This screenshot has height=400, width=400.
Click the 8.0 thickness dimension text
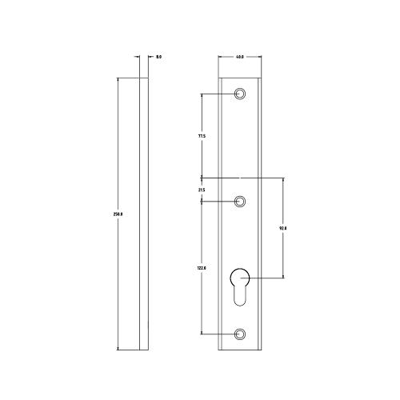[x=159, y=57]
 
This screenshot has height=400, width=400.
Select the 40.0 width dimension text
[x=239, y=57]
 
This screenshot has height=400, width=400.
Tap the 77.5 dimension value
[x=202, y=136]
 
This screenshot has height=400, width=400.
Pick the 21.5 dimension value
[x=202, y=190]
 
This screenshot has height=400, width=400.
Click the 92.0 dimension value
[x=282, y=228]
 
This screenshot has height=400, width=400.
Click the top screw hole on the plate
[x=239, y=94]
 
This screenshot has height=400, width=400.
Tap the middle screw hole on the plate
[x=239, y=200]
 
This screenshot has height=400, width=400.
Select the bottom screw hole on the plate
[x=239, y=332]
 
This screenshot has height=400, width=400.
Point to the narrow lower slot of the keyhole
[x=239, y=299]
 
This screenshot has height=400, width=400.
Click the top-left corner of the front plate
[x=219, y=78]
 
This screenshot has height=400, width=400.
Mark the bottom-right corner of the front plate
[x=259, y=350]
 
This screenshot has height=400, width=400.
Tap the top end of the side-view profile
[x=143, y=78]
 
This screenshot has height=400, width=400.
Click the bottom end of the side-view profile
[x=143, y=350]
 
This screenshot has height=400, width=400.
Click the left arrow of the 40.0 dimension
[x=220, y=63]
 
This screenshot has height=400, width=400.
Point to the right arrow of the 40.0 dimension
[x=258, y=63]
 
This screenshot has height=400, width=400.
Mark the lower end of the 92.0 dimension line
[x=282, y=278]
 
